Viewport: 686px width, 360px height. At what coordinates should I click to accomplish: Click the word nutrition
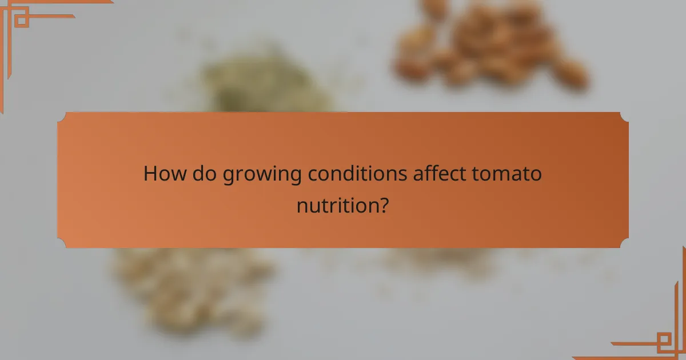tap(336, 205)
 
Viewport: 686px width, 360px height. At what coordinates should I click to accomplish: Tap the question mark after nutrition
tap(384, 205)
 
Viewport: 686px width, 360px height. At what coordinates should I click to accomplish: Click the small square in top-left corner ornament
tap(21, 20)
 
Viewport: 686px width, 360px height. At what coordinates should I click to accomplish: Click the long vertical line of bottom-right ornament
tap(683, 303)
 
